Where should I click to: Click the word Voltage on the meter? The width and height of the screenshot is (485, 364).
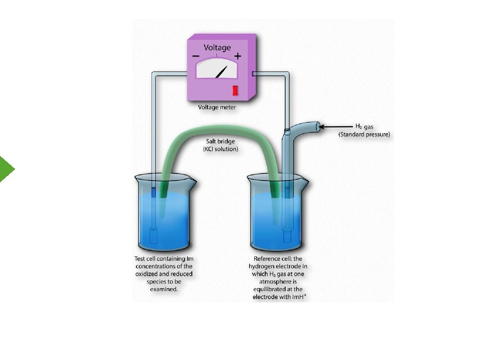[x=217, y=47]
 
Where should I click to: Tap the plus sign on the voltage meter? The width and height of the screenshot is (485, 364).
[x=237, y=56]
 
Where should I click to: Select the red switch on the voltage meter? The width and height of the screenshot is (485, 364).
[x=234, y=91]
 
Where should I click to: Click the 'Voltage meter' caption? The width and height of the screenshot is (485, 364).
[x=217, y=108]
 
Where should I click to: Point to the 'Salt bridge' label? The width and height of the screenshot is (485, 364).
[x=220, y=141]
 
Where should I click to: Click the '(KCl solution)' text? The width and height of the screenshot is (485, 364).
[x=220, y=149]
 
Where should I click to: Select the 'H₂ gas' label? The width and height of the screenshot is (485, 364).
[x=364, y=127]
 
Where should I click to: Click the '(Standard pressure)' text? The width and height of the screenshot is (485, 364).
[x=364, y=135]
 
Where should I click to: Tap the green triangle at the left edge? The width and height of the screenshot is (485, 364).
[x=6, y=168]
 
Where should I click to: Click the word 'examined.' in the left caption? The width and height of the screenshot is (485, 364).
[x=163, y=289]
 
